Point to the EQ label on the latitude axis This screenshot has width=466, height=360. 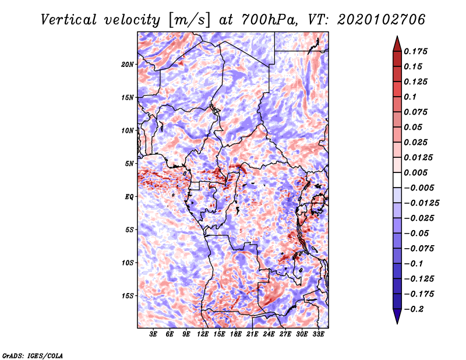point(130,197)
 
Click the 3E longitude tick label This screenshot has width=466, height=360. point(154,335)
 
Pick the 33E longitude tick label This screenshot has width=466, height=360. point(318,335)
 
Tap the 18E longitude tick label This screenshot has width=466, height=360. point(236,335)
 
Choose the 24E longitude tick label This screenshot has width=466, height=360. point(269,335)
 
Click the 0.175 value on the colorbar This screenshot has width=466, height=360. point(416,51)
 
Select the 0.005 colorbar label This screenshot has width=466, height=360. point(416,172)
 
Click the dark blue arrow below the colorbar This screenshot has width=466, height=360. point(397,318)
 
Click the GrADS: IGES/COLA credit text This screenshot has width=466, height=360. point(33,355)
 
